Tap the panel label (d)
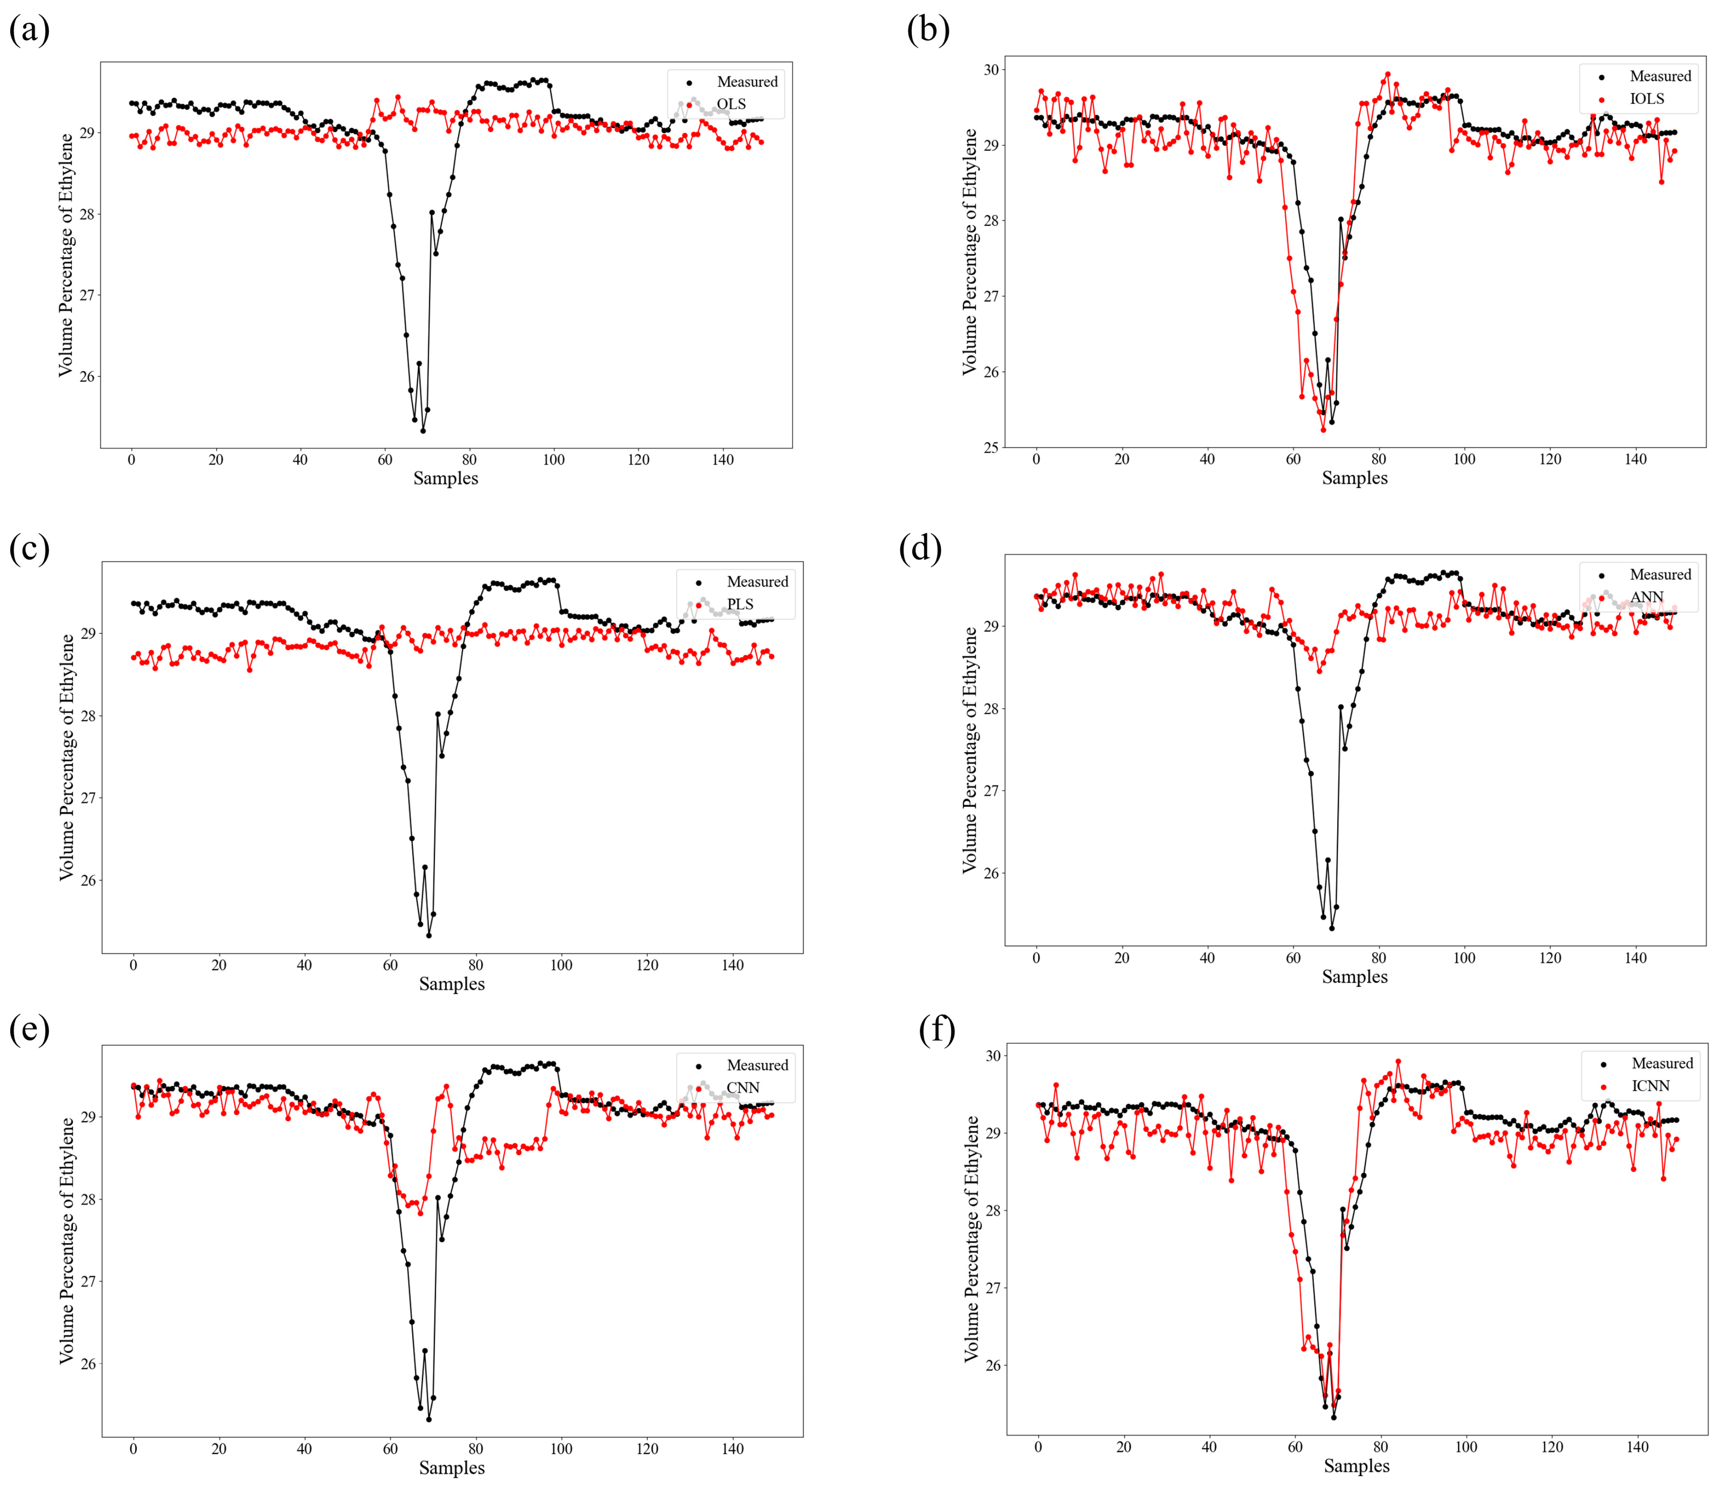pos(921,550)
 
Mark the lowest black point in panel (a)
pos(423,430)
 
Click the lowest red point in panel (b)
pos(1323,430)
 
